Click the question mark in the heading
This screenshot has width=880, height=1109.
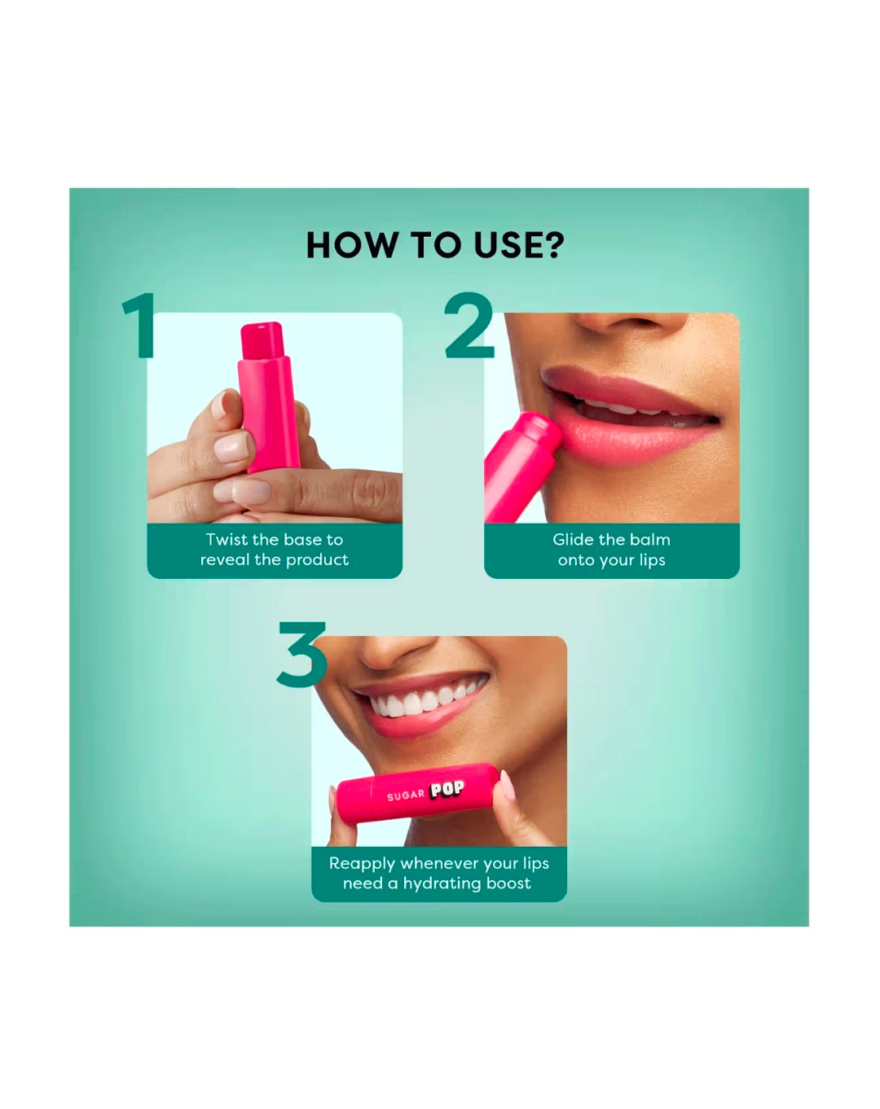click(x=555, y=245)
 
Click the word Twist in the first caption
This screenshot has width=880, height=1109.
click(x=228, y=539)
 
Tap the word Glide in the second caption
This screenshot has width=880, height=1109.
click(x=573, y=539)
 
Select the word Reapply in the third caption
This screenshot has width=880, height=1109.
click(x=362, y=863)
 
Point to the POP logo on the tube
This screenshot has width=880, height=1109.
click(x=447, y=789)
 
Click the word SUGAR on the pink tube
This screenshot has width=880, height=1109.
click(x=406, y=795)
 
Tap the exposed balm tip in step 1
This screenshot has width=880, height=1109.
click(x=262, y=339)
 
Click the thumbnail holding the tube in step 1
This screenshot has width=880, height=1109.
click(x=233, y=448)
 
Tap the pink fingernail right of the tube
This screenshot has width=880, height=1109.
click(x=507, y=785)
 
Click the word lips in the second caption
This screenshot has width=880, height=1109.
click(x=652, y=560)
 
